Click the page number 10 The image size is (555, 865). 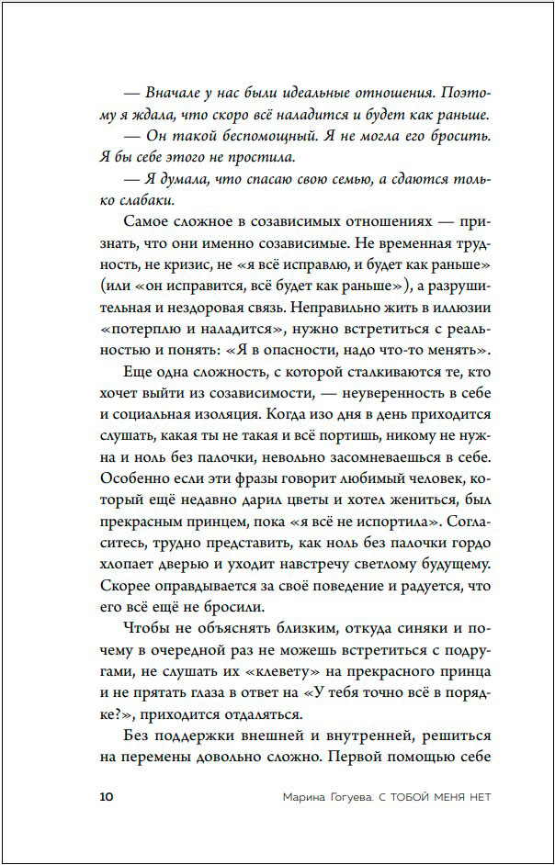click(105, 796)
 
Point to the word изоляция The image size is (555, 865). click(237, 414)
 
